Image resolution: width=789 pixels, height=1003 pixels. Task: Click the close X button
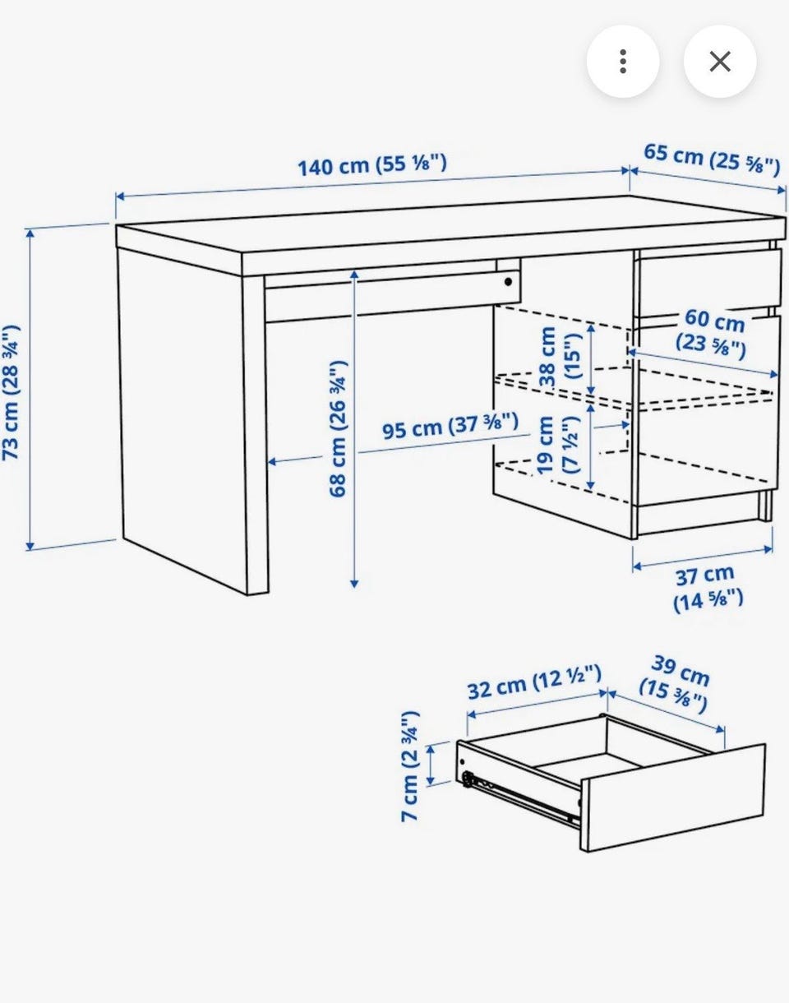[720, 62]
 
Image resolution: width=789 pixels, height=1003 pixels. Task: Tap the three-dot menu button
[623, 62]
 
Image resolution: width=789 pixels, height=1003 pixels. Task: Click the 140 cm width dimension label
[371, 165]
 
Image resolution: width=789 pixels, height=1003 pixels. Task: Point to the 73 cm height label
[11, 392]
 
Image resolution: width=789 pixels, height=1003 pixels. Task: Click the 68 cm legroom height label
[339, 429]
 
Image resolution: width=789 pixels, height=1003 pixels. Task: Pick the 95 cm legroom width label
[450, 426]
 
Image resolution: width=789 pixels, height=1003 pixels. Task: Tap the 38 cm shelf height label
[560, 357]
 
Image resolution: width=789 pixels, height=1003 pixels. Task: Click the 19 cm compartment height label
[557, 445]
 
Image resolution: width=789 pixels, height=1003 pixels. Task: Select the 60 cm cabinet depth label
[712, 334]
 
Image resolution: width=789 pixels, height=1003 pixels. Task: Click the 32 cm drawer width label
[534, 683]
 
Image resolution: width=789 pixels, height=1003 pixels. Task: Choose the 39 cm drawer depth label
[676, 684]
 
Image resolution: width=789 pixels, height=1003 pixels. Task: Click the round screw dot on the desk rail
[508, 281]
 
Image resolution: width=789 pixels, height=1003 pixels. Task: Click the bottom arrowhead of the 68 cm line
[354, 584]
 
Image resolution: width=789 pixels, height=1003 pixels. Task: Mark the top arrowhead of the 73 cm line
[30, 233]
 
